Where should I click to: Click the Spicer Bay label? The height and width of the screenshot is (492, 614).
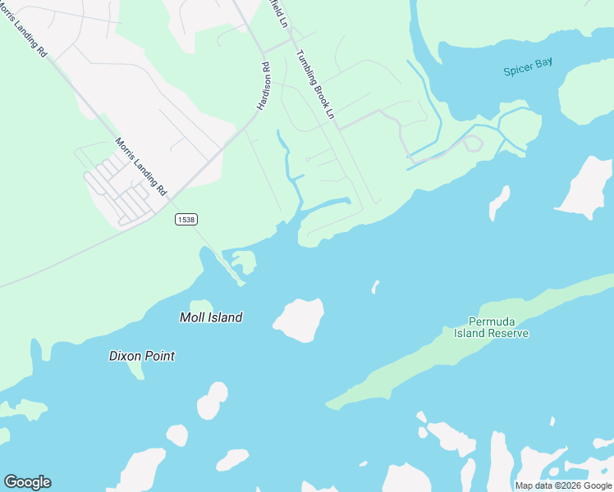(x=528, y=68)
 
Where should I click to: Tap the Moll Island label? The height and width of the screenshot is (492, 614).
(x=211, y=317)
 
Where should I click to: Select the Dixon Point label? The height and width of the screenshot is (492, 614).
(x=142, y=356)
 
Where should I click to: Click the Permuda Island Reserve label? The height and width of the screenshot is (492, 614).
(x=492, y=327)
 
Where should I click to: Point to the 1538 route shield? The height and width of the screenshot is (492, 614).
(x=186, y=220)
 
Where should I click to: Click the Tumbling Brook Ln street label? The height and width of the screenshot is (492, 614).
(x=315, y=84)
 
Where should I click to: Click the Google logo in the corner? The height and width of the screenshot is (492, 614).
(x=27, y=482)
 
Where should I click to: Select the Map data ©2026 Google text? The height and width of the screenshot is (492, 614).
(x=563, y=485)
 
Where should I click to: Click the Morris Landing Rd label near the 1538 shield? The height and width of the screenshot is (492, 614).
(x=140, y=166)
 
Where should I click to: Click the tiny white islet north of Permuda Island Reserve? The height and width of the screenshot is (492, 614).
(x=375, y=286)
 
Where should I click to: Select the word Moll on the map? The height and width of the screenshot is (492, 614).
(x=193, y=317)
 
